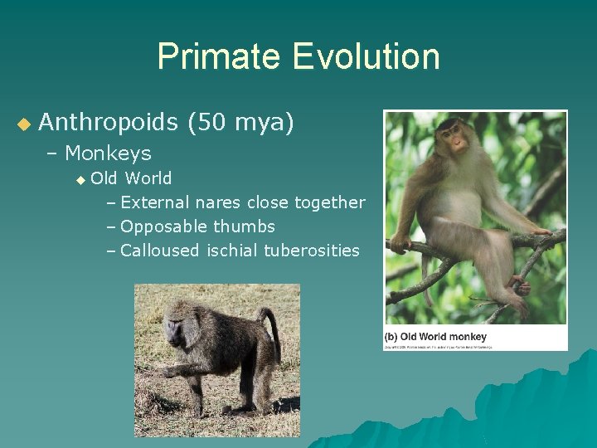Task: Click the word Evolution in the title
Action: (365, 57)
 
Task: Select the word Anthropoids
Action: (108, 123)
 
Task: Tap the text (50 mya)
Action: (240, 123)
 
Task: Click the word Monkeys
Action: (108, 153)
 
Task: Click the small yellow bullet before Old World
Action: (80, 179)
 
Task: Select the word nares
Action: (218, 202)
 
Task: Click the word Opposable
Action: (163, 226)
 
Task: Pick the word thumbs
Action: (245, 226)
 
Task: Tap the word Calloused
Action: (160, 251)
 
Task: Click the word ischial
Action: (232, 251)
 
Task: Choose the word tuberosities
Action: (312, 251)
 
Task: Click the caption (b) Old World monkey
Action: (435, 337)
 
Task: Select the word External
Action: (156, 202)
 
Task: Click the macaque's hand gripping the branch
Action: (402, 243)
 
